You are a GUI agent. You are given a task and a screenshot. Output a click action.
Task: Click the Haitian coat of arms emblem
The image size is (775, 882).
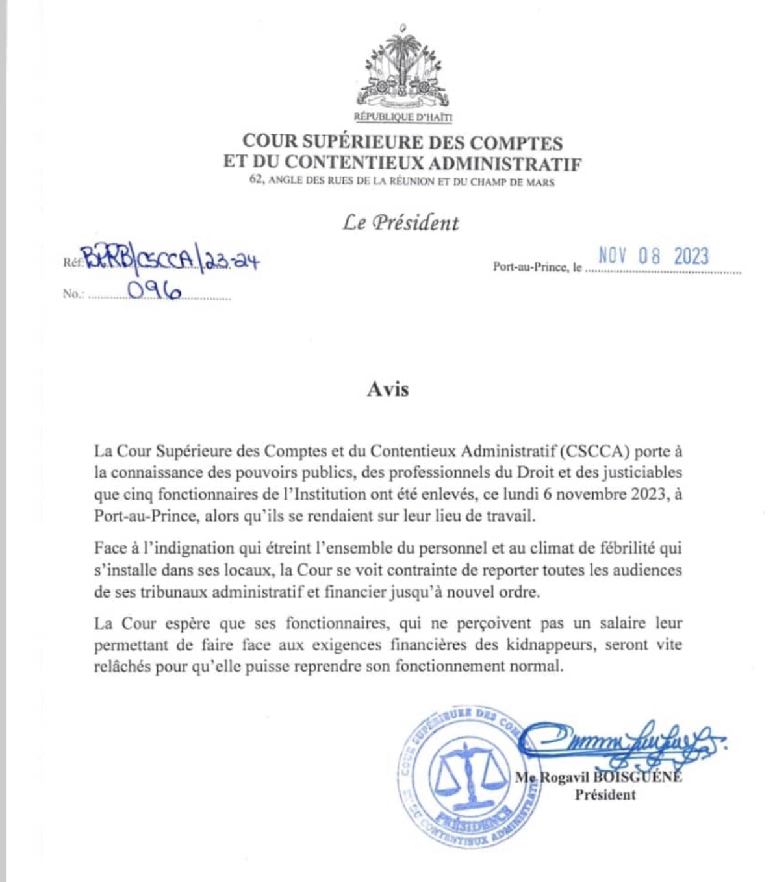[403, 67]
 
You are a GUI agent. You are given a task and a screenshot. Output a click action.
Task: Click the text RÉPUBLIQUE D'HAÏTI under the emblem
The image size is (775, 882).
[403, 117]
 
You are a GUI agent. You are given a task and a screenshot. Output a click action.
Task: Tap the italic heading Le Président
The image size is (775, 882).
[401, 223]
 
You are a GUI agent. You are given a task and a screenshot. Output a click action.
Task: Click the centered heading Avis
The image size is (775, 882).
[388, 389]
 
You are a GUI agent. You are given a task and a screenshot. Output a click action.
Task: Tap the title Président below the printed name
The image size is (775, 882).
[605, 795]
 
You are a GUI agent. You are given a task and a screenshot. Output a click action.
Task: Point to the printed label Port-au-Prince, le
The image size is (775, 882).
[537, 267]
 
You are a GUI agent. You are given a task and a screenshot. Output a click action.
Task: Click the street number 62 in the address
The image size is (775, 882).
[255, 181]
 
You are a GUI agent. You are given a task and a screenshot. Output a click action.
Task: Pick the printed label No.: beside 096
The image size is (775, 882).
[73, 294]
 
